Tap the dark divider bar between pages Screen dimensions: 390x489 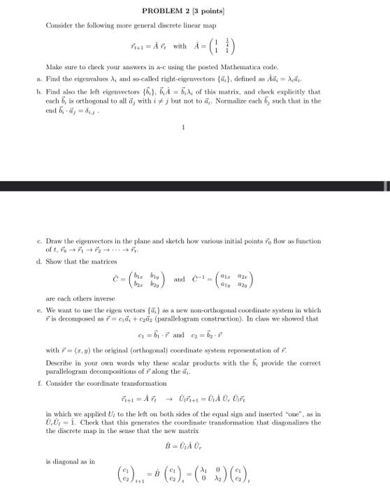click(x=195, y=187)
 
